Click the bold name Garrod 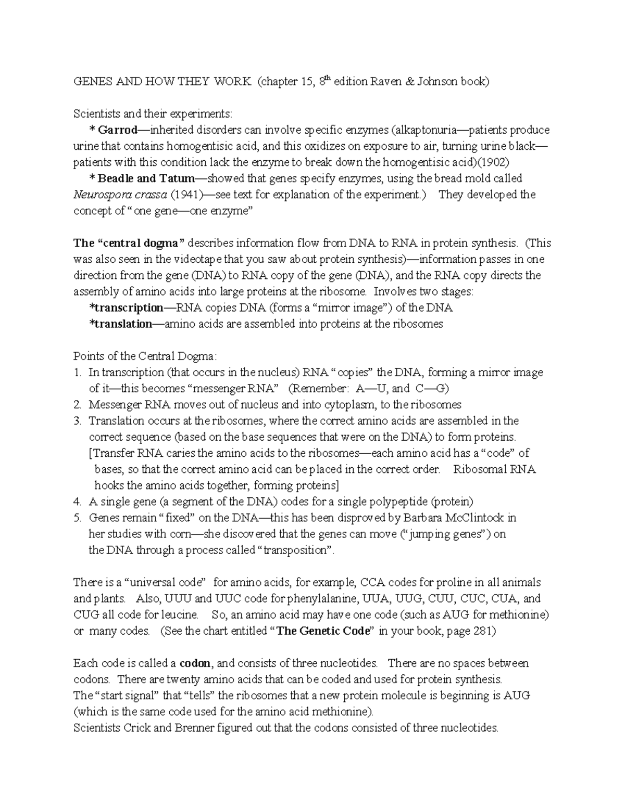[x=118, y=130]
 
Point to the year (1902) [x=491, y=162]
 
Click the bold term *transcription [x=127, y=307]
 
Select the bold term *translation [x=120, y=324]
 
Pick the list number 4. [x=77, y=502]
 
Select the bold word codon [x=195, y=663]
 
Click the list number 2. [x=77, y=405]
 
